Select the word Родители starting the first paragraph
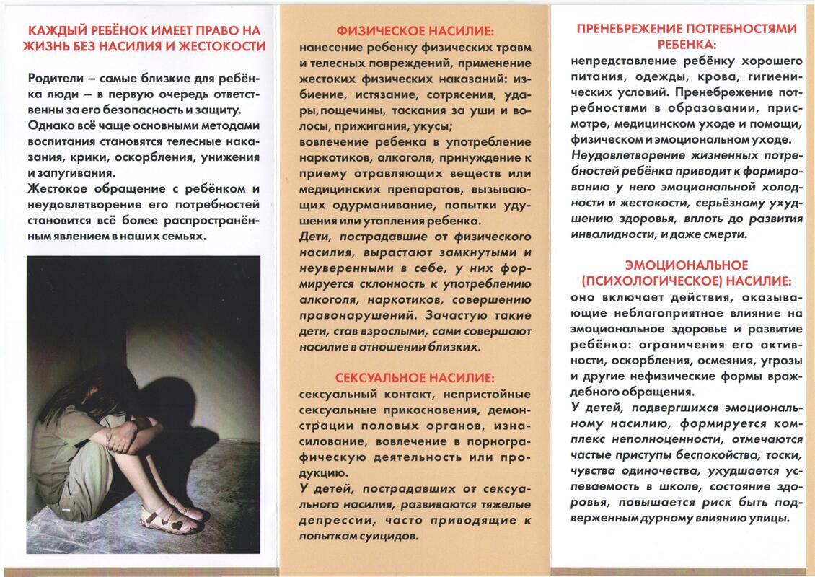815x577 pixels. coord(57,77)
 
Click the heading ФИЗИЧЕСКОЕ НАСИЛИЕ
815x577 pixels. coord(416,31)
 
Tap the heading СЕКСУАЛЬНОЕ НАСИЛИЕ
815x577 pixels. coord(416,377)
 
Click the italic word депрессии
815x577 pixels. coord(330,521)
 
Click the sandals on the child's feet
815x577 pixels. coord(169,517)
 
